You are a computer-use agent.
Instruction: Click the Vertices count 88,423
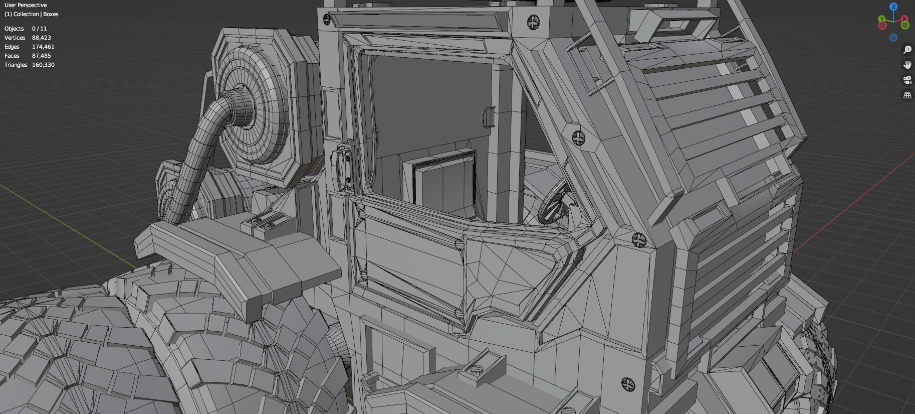(41, 38)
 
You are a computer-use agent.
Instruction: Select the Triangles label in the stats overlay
(16, 65)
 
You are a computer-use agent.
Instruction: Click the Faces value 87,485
(41, 56)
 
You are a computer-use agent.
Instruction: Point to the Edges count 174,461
(43, 47)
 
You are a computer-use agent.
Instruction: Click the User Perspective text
(26, 5)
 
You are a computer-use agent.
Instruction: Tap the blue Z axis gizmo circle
(893, 7)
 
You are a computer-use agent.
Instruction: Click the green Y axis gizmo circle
(882, 20)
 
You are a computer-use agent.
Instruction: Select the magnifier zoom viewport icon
(907, 49)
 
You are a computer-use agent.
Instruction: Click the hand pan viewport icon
(907, 64)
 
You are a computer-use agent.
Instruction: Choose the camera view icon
(907, 79)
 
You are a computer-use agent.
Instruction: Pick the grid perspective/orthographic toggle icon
(907, 95)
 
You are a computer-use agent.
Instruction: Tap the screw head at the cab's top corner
(533, 22)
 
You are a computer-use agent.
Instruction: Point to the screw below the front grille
(628, 384)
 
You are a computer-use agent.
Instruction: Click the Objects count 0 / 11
(39, 29)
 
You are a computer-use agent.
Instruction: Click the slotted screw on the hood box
(477, 370)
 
